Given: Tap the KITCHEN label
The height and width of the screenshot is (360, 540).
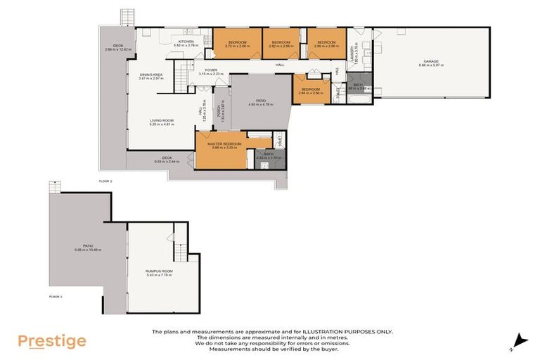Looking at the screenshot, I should point(186,42).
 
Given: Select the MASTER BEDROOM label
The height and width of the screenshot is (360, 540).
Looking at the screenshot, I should point(220,144).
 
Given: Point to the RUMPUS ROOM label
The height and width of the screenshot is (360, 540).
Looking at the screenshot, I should point(159,271).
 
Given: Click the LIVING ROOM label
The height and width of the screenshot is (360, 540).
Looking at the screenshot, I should point(161,120).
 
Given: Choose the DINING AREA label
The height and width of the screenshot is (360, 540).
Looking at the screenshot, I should point(151,75).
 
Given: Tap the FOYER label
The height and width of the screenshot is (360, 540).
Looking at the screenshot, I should point(211,70).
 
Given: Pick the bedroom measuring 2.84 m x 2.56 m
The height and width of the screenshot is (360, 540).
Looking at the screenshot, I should point(311,90).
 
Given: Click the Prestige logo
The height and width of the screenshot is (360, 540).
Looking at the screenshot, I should point(52,342).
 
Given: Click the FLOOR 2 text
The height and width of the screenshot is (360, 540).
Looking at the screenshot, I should point(106,181).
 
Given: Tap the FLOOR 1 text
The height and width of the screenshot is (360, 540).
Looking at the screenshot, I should point(56,297).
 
